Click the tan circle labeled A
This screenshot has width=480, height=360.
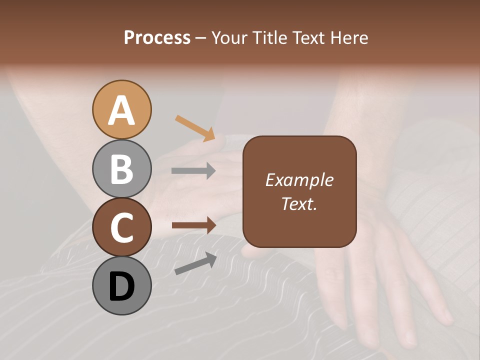click(x=121, y=109)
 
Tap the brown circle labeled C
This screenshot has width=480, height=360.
click(x=121, y=227)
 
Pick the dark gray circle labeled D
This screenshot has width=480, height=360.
click(x=121, y=286)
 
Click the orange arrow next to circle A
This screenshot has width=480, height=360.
click(x=195, y=128)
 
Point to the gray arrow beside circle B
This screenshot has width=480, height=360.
click(x=193, y=171)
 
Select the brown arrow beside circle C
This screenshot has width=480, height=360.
click(x=193, y=225)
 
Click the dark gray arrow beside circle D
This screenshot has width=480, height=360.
click(x=195, y=263)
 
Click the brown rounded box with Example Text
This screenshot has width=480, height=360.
click(x=299, y=192)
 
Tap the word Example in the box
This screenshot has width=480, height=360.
click(x=299, y=180)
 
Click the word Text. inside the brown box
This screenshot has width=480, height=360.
click(x=299, y=204)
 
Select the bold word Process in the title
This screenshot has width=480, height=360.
click(x=157, y=37)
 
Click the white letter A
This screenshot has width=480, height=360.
click(x=121, y=110)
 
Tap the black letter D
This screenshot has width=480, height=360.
click(x=121, y=287)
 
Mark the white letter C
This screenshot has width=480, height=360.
click(x=121, y=228)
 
